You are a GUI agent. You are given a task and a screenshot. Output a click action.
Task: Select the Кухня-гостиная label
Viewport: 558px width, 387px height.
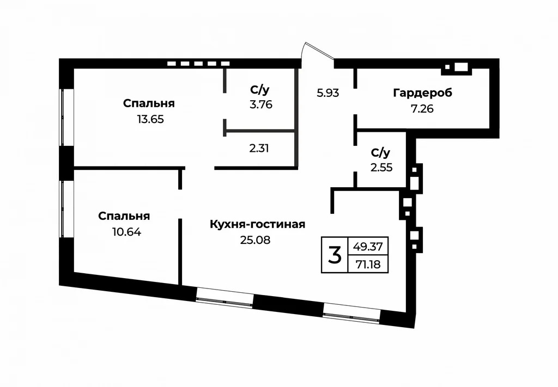coord(257,224)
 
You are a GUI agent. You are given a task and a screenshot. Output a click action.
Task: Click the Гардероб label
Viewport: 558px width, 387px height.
coord(422,93)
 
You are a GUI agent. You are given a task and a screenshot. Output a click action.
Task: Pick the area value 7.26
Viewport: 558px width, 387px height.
coord(422,108)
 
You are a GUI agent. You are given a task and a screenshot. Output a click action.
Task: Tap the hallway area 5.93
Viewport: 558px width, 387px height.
coord(328,93)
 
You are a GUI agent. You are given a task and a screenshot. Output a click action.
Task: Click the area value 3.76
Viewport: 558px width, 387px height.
coord(260,105)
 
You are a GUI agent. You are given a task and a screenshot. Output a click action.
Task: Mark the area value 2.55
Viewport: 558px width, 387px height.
coord(381,168)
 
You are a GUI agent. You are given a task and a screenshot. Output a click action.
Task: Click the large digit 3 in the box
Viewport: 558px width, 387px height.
coord(335,254)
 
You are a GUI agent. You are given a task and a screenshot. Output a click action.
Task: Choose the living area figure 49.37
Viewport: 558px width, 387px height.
coord(368,246)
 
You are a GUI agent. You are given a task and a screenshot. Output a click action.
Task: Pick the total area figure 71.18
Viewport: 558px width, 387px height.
coord(368,265)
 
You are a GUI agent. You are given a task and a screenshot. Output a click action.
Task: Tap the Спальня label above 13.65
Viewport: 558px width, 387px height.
coord(149,103)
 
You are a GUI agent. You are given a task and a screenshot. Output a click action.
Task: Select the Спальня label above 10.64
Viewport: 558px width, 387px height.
coord(124,216)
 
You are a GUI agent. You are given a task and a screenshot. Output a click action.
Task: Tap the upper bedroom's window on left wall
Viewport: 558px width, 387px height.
coord(66,117)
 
